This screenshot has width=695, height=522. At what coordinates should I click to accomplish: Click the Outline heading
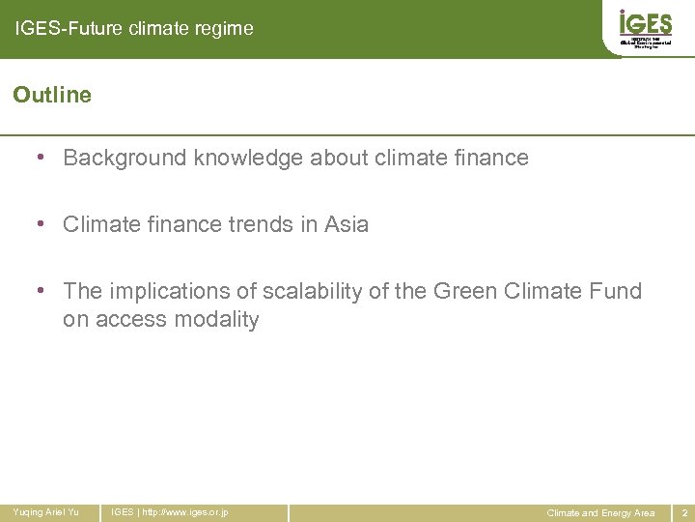click(52, 95)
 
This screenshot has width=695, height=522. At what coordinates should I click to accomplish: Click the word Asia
click(347, 224)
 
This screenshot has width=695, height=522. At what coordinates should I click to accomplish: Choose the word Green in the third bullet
click(466, 291)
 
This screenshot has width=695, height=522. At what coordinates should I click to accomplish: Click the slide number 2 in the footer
click(683, 512)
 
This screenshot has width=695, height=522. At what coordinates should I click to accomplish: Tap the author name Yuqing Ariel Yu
click(45, 512)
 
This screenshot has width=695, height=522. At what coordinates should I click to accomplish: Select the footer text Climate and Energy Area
click(600, 512)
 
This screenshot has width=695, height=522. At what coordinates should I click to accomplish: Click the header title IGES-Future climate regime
click(134, 29)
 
